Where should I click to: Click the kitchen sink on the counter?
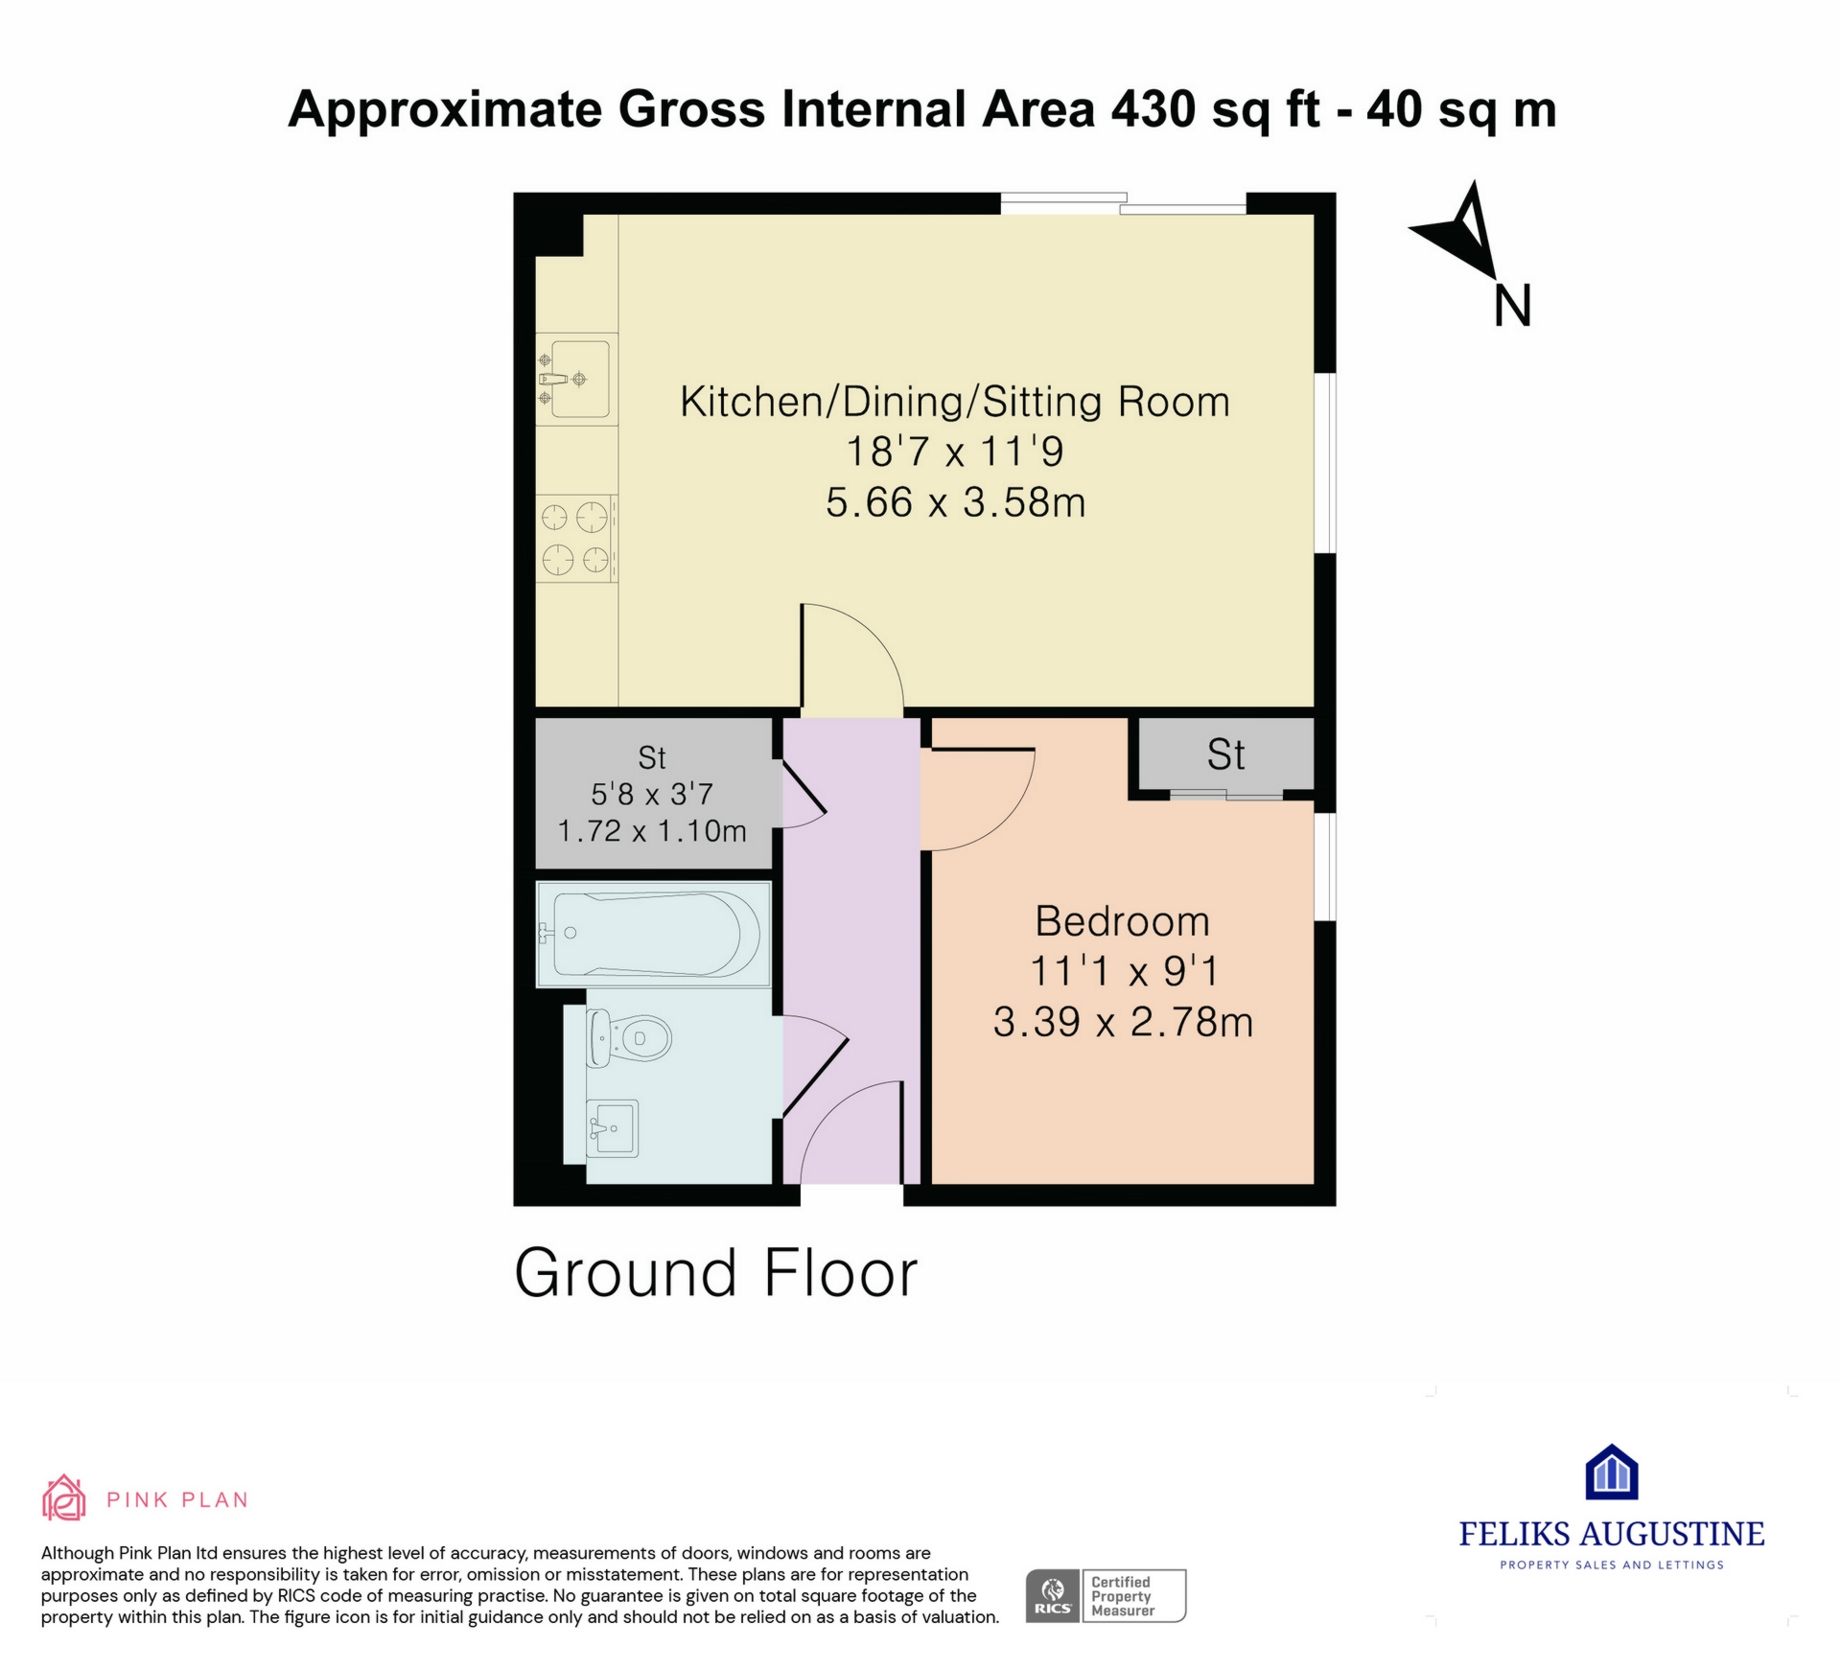coord(575,379)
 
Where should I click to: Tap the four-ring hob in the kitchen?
coord(576,538)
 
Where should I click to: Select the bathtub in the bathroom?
coord(653,934)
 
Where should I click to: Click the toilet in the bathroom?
coord(628,1037)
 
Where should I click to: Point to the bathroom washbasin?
coord(612,1127)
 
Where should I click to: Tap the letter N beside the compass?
coord(1512,306)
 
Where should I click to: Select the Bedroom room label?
coord(1122,921)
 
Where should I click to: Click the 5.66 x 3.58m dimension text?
coord(955,502)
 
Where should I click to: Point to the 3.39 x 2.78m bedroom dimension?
coord(1123,1022)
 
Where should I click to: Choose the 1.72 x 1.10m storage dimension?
coord(652,830)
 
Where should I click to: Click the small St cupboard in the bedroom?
coord(1225,755)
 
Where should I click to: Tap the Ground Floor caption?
coord(716,1273)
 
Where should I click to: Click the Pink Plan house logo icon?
coord(64,1497)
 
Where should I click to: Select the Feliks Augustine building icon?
coord(1612,1472)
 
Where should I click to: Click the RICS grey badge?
coord(1053,1596)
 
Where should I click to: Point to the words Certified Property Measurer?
coord(1122,1596)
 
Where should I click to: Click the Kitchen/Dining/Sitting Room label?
coord(955,402)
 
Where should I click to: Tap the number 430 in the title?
coord(1153,108)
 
